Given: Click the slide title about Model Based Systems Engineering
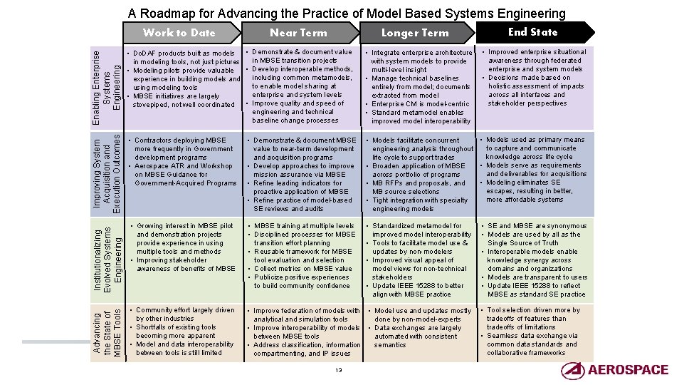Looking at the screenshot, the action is (347, 14).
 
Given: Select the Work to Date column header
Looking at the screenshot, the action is (179, 32).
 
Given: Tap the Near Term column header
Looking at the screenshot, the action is (298, 32).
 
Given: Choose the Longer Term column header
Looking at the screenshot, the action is (415, 32).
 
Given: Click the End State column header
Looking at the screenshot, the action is (532, 31).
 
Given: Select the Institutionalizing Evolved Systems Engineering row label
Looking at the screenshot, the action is (107, 253).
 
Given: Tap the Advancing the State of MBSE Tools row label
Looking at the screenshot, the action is (107, 331).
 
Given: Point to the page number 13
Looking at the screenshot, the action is (339, 369).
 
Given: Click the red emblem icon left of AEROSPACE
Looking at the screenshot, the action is (572, 369).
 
